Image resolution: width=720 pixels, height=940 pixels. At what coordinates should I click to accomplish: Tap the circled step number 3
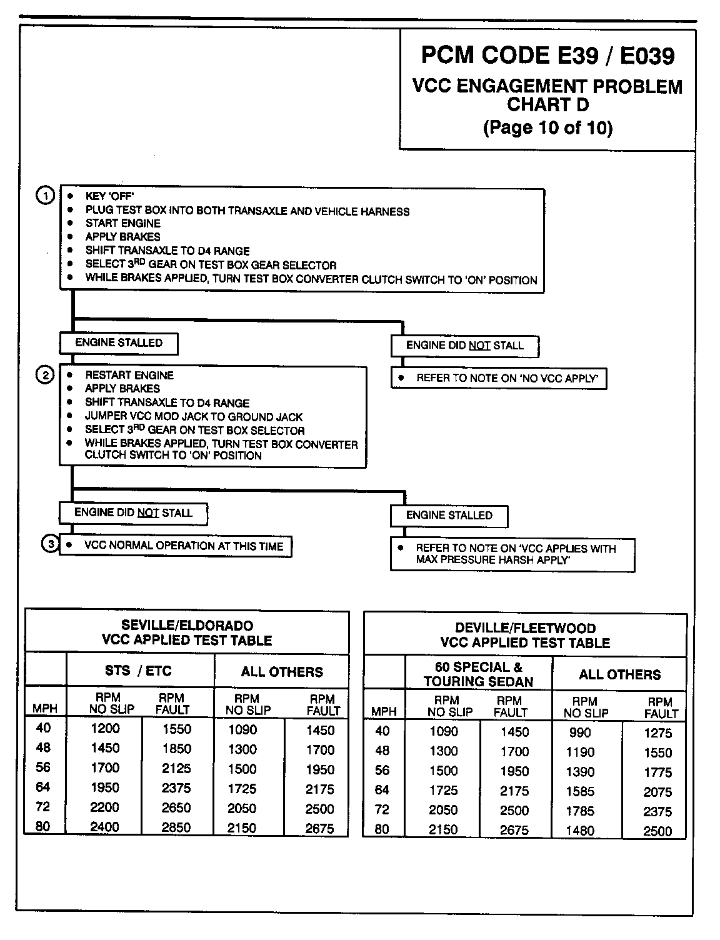coord(51,544)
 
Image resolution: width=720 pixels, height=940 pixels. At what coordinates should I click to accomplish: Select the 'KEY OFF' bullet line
coord(109,196)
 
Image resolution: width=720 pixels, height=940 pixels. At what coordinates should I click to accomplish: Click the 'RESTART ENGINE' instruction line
coord(129,375)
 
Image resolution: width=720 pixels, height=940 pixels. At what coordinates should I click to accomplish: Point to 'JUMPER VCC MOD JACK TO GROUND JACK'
coord(194,417)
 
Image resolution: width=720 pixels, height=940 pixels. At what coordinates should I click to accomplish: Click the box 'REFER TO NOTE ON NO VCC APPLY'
coord(499,378)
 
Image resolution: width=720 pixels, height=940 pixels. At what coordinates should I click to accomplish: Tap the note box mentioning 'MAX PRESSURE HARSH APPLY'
coord(512,554)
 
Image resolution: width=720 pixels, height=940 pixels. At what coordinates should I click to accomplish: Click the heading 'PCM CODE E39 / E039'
coord(547,56)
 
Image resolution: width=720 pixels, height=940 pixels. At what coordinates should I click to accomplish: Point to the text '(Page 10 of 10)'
coord(547,127)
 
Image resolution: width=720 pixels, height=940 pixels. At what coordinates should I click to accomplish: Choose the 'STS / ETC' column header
coord(138,671)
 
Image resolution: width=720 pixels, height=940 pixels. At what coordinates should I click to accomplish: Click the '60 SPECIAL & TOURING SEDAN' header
coord(478,674)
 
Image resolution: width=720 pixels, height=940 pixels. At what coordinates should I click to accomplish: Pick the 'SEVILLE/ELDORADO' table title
coord(187,626)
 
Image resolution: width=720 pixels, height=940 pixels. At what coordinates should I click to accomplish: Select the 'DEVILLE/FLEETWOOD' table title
coord(525,628)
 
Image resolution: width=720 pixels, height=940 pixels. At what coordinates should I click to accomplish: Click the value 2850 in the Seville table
coord(176,827)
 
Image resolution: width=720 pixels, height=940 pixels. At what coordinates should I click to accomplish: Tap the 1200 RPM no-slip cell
coord(104,728)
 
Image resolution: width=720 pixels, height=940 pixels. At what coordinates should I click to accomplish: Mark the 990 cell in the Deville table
coord(580,732)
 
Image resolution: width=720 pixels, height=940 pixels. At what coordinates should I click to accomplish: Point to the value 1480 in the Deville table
coord(580,830)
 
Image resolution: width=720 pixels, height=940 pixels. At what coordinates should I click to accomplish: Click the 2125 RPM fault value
coord(176,768)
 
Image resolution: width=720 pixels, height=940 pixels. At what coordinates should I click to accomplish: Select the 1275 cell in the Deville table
coord(657,733)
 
